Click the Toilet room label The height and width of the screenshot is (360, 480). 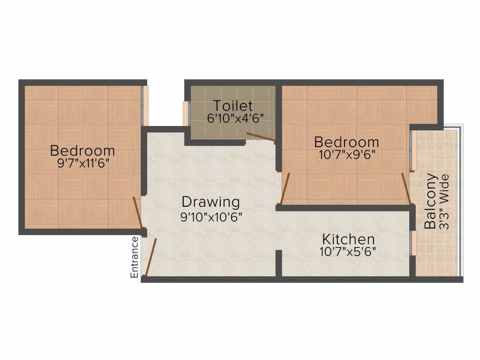(x=232, y=105)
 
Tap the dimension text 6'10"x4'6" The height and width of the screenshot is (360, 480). (x=232, y=118)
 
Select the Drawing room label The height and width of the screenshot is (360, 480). (x=210, y=202)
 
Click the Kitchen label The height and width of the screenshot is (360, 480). (x=348, y=239)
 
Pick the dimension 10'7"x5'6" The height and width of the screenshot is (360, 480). (x=347, y=252)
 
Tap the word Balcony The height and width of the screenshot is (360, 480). (x=431, y=201)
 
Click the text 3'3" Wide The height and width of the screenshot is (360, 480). (x=444, y=202)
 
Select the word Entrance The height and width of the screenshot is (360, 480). (x=135, y=257)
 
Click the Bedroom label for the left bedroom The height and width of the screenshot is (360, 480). (x=82, y=151)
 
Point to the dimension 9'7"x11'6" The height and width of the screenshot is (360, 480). (x=82, y=164)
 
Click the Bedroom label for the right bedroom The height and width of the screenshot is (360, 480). (x=346, y=142)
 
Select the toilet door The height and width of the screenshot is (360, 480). (x=261, y=136)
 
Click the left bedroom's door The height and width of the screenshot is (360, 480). (x=137, y=213)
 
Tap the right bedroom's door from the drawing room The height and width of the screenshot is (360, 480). (x=285, y=189)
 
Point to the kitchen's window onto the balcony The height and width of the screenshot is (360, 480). (x=413, y=243)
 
